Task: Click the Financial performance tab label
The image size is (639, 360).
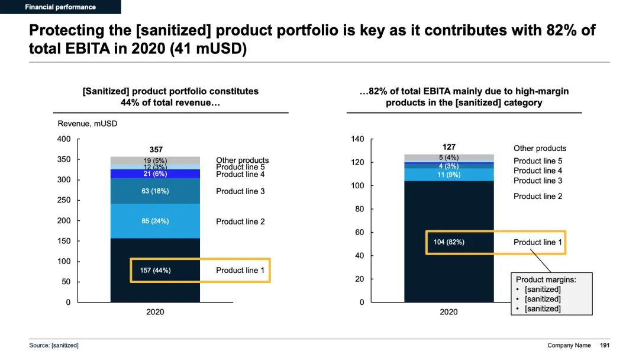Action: [60, 7]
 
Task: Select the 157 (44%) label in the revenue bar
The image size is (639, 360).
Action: [155, 271]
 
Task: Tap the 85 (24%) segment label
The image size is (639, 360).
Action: [155, 221]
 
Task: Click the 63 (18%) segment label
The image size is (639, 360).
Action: [155, 191]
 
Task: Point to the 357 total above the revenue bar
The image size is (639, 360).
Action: [156, 150]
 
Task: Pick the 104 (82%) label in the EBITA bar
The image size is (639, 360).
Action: [448, 242]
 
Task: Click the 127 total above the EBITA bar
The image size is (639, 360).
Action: [449, 147]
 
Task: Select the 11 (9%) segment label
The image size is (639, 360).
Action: [449, 175]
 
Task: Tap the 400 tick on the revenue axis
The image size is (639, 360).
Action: [64, 139]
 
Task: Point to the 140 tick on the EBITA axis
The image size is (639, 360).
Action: [357, 139]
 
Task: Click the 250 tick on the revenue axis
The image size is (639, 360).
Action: [64, 200]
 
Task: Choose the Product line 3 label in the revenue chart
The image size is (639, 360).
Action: [240, 191]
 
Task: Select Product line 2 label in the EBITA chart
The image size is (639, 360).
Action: [538, 197]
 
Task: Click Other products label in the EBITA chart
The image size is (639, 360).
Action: [540, 149]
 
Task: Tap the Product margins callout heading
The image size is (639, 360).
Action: [546, 279]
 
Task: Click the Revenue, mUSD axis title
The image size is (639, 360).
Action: [87, 124]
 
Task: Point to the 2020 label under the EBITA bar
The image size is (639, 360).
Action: [448, 312]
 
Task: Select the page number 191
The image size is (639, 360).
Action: [605, 345]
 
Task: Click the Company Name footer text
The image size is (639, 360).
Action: [569, 345]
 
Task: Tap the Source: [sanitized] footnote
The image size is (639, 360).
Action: [54, 345]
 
